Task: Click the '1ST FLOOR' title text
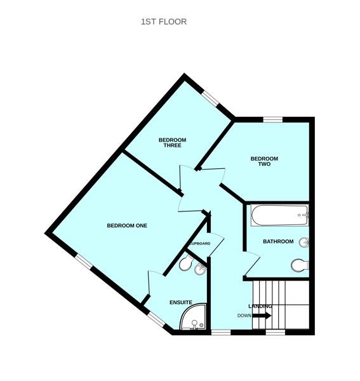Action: (x=164, y=22)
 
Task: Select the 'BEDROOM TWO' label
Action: (x=264, y=161)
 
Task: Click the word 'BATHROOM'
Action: (x=278, y=241)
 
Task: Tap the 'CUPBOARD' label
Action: (x=199, y=243)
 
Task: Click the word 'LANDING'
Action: (x=260, y=307)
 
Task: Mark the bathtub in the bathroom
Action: (x=279, y=216)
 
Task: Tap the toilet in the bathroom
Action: (x=299, y=265)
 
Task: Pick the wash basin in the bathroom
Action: (x=304, y=241)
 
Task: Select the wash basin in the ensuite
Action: (x=201, y=269)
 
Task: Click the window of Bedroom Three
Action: (x=210, y=99)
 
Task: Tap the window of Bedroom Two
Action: (x=273, y=119)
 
